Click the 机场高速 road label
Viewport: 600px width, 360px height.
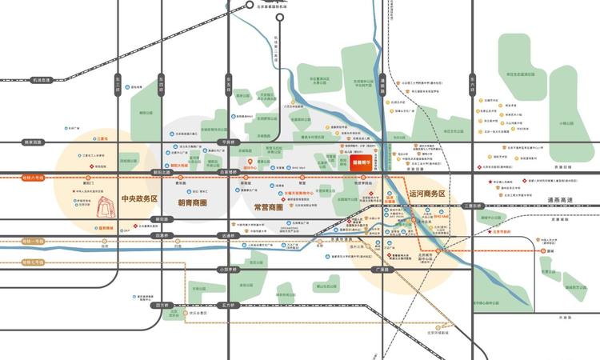[x=41, y=80]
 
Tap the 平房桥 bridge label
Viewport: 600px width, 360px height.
[x=228, y=142]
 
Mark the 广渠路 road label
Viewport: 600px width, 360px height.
[x=382, y=270]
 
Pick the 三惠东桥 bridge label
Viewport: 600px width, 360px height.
[x=474, y=206]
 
